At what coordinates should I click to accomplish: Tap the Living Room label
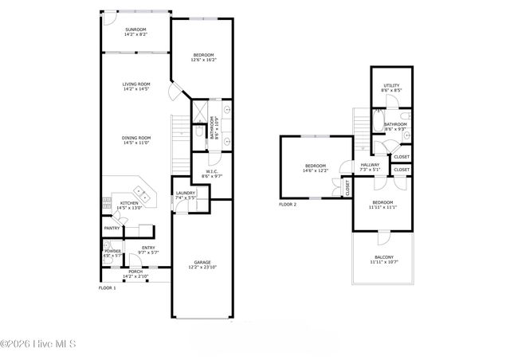136,84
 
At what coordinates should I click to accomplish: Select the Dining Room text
136,138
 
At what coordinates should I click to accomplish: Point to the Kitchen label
129,203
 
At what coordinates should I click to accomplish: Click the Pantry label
112,229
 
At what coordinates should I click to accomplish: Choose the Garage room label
202,261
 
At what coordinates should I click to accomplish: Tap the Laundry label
186,193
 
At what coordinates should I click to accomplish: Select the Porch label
135,272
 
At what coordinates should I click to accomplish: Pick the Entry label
149,248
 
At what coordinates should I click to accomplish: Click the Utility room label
390,86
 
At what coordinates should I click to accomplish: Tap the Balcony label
383,257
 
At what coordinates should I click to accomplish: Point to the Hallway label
370,165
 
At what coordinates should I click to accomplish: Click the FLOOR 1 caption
107,288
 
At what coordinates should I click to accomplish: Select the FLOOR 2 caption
287,204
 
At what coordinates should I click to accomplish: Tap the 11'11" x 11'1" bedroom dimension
383,207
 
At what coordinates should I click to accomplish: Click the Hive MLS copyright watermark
38,344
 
